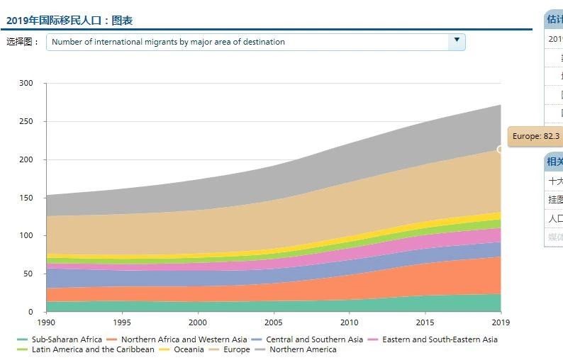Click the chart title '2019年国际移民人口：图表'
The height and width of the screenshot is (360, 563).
point(69,21)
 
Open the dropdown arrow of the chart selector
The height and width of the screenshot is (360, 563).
point(457,42)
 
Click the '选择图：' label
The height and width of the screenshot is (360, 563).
point(23,42)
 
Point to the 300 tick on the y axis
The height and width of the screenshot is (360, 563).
point(26,84)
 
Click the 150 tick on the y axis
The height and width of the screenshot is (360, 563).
point(26,198)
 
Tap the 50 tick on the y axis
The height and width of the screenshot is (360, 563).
point(28,274)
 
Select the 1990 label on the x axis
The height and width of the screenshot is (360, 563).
point(46,322)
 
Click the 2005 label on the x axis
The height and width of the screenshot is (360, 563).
point(274,322)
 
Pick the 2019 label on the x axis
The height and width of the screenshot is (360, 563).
point(501,322)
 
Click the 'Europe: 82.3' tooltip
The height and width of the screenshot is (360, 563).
point(535,136)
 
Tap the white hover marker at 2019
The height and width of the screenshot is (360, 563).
point(501,149)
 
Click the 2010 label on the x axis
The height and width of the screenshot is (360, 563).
point(350,322)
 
